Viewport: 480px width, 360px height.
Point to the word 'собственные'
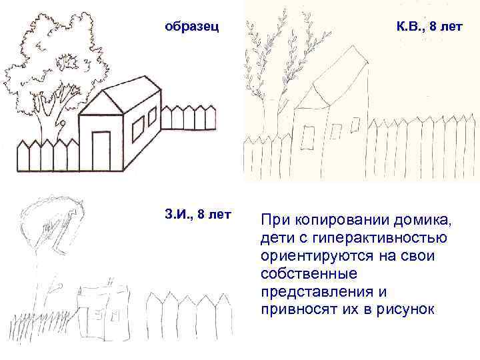309,275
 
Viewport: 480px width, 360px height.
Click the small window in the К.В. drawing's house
309,136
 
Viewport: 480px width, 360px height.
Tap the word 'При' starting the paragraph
274,220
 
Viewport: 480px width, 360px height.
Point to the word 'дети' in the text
277,239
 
